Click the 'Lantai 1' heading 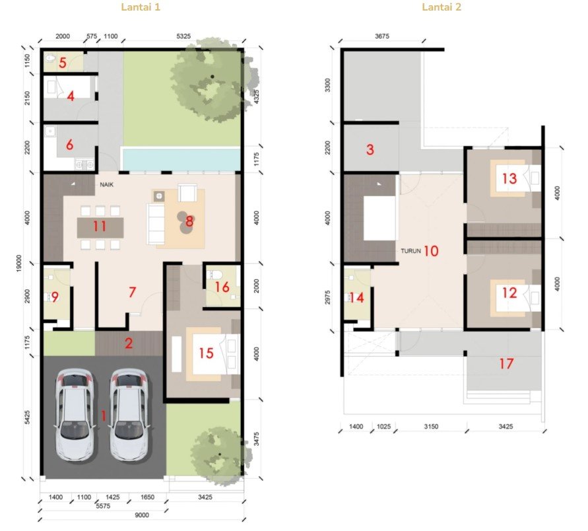click(141, 7)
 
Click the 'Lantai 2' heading click(441, 7)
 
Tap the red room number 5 click(63, 63)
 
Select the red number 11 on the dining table click(100, 227)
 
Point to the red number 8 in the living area click(189, 221)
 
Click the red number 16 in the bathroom click(222, 287)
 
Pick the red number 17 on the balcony click(506, 363)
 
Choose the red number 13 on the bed click(509, 178)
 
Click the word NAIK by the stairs click(106, 185)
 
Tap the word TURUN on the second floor click(410, 251)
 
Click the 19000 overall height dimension click(19, 264)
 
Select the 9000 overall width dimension click(142, 515)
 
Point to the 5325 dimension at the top click(183, 36)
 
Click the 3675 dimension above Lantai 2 click(381, 36)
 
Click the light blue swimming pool click(181, 159)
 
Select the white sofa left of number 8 click(156, 224)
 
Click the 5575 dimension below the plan click(103, 506)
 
